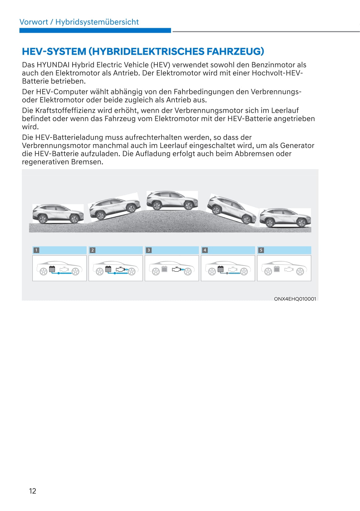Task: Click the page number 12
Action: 32,491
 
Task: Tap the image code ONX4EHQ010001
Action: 295,299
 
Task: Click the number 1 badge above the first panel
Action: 36,250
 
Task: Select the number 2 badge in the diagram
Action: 92,250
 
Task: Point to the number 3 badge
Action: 149,250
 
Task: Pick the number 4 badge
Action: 205,250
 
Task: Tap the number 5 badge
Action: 261,250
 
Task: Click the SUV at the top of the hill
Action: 172,200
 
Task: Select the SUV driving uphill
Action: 114,206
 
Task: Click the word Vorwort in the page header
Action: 34,22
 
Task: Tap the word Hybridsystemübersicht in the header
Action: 97,22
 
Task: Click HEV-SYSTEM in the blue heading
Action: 54,51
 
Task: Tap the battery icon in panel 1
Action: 52,269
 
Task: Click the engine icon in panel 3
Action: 176,269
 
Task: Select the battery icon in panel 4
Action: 220,269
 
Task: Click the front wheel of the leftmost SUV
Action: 74,219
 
